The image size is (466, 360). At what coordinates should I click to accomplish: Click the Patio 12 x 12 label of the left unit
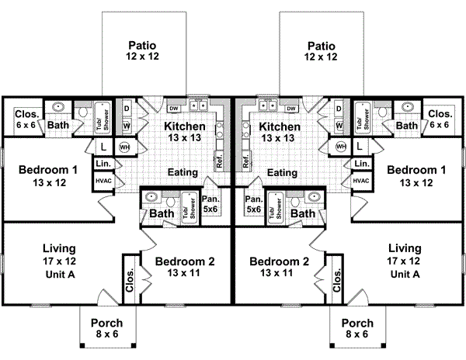pos(143,51)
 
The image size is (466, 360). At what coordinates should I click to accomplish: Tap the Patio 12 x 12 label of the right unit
pos(321,51)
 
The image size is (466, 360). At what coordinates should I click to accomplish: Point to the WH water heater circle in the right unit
pos(340,147)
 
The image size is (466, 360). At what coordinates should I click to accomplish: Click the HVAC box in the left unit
pos(103,180)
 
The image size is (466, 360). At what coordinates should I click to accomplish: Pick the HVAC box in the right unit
pos(361,180)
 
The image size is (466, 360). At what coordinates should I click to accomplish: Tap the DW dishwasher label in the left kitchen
pos(173,108)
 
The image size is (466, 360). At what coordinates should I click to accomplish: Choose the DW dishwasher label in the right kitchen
pos(292,108)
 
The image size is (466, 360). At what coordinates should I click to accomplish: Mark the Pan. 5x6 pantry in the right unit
pos(253,204)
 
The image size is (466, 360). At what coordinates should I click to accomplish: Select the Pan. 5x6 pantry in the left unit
pos(211,204)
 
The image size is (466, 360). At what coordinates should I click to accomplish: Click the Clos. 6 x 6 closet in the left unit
pos(24,118)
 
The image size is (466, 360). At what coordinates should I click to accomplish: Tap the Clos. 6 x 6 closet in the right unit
pos(440,118)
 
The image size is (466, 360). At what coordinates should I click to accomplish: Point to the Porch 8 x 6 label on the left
pos(106,328)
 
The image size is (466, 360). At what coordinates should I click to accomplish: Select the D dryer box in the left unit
pos(126,109)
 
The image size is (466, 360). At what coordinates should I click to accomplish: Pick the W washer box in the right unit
pos(339,124)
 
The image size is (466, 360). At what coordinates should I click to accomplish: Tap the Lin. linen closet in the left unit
pos(103,164)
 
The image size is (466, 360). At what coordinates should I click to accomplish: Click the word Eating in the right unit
pos(283,173)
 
